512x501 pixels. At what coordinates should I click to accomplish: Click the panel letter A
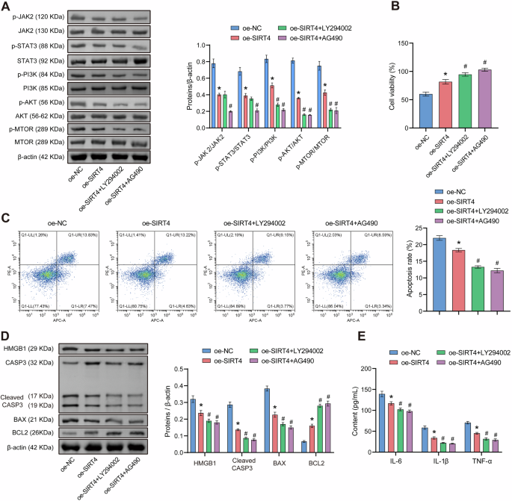point(7,7)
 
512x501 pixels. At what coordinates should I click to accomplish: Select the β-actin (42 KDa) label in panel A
point(40,157)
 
